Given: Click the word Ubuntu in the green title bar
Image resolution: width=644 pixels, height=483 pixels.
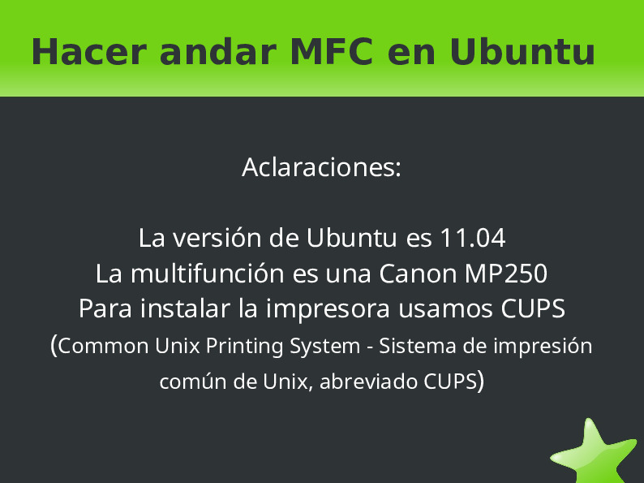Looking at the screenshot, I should point(522,52).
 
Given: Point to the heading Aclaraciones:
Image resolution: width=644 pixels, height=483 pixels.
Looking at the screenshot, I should point(322,168).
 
